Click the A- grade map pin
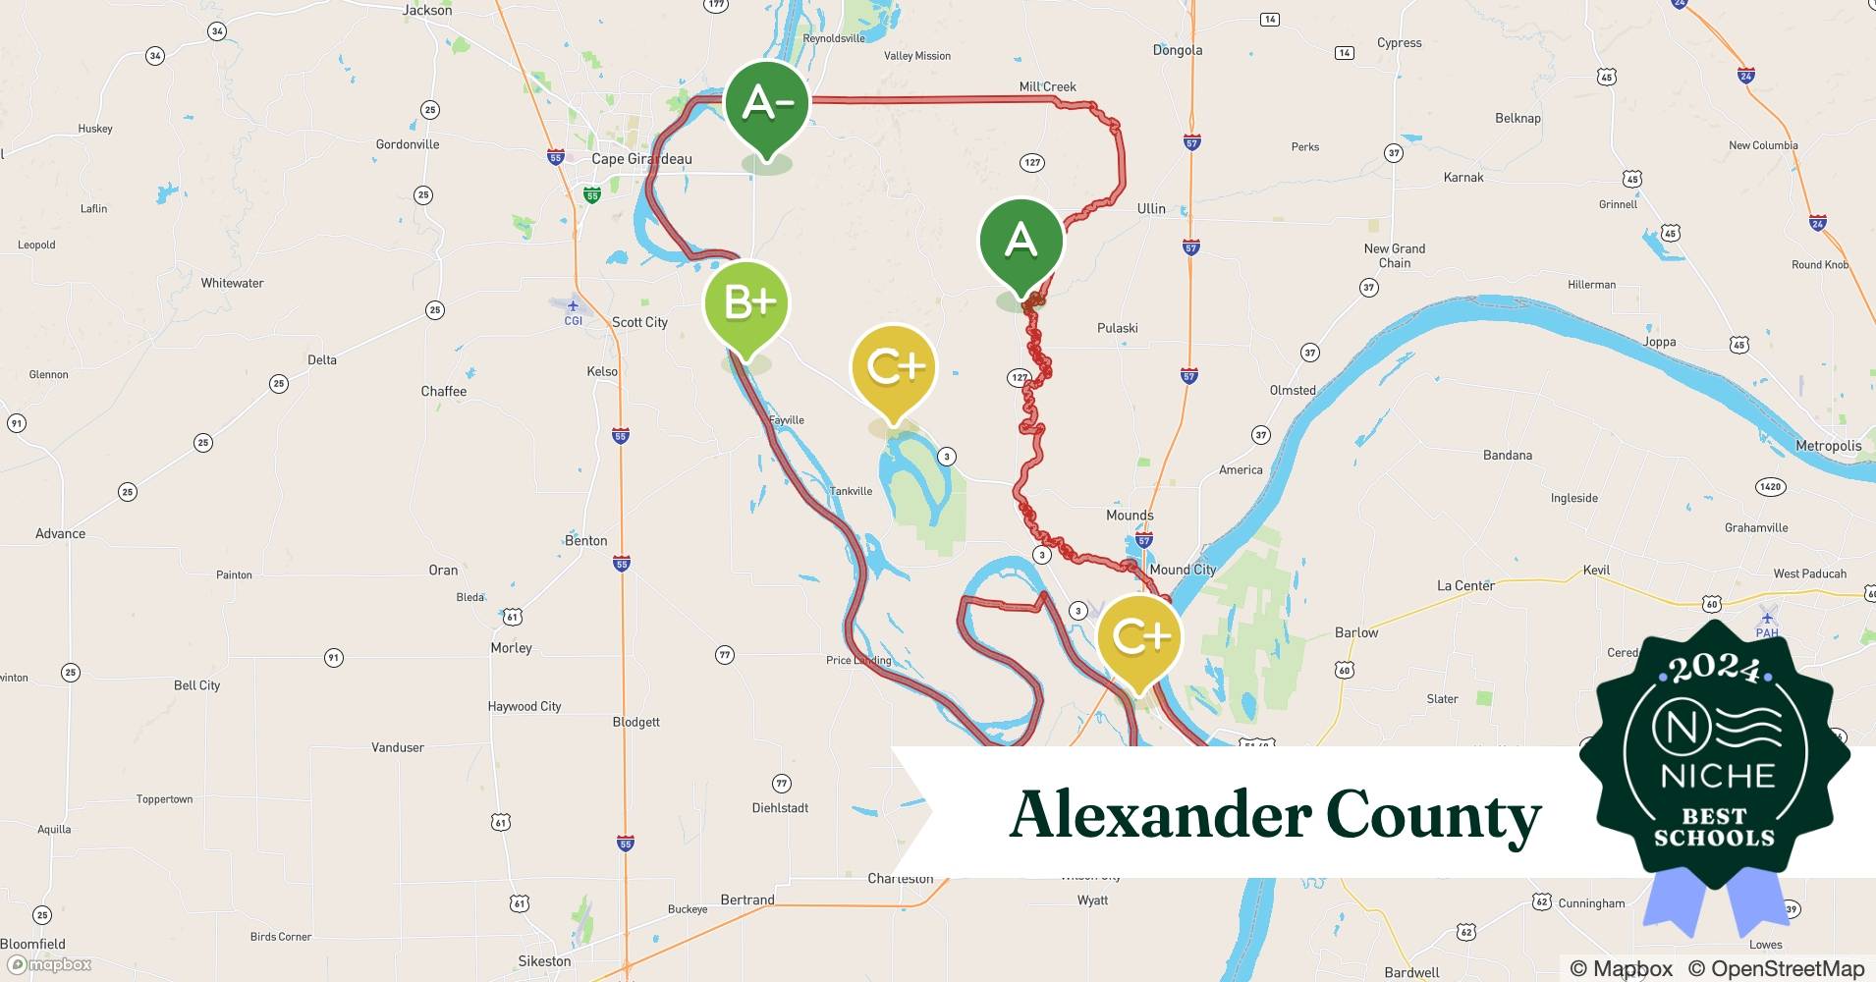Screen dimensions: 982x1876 [x=766, y=104]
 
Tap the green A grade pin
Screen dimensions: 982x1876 [x=1021, y=242]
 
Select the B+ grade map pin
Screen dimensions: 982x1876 [x=746, y=304]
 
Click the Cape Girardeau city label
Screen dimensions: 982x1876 [x=641, y=159]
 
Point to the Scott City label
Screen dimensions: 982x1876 [x=639, y=322]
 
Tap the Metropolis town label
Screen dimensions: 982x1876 [x=1828, y=446]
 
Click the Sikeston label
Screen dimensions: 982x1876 [x=544, y=961]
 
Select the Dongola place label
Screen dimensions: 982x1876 [x=1177, y=50]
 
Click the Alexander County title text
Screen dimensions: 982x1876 [x=1275, y=815]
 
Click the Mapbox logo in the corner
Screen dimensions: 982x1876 [x=51, y=964]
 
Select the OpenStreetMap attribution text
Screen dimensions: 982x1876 [x=1776, y=968]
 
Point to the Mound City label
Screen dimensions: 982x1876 [x=1182, y=570]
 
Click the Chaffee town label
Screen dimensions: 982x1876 [x=444, y=391]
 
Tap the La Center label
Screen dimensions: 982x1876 [x=1465, y=585]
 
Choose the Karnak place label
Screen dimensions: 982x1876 [x=1463, y=178]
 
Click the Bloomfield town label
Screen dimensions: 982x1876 [x=33, y=944]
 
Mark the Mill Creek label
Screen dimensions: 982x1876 [x=1047, y=86]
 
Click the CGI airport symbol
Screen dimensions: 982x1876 [x=573, y=307]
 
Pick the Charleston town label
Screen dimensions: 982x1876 [x=900, y=879]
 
